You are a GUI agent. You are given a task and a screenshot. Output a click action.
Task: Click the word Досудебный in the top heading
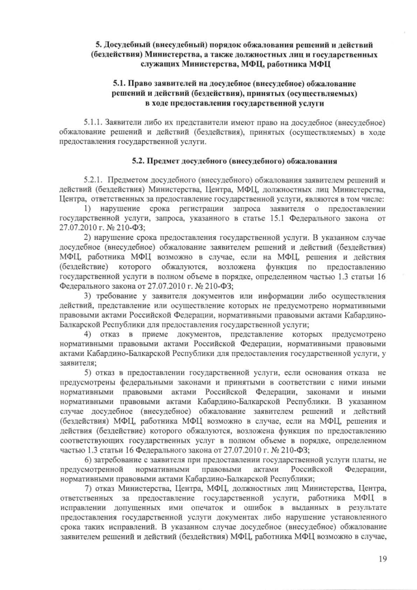point(134,44)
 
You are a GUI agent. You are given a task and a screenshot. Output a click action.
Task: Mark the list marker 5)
point(88,372)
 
